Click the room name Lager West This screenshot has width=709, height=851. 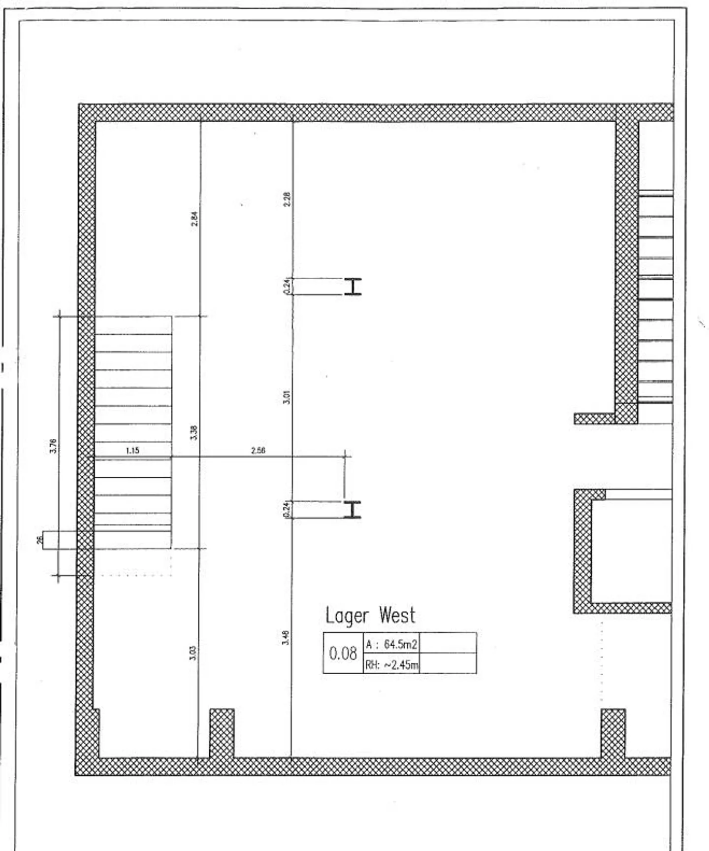pyautogui.click(x=370, y=616)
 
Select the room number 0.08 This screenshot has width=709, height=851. pyautogui.click(x=343, y=654)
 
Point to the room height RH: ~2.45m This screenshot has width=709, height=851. pyautogui.click(x=392, y=665)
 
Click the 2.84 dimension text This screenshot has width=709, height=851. pyautogui.click(x=194, y=219)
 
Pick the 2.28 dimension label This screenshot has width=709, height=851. pyautogui.click(x=288, y=199)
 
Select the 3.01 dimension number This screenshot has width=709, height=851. pyautogui.click(x=287, y=397)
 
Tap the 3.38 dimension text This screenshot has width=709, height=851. pyautogui.click(x=194, y=432)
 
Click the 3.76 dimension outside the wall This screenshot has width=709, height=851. pyautogui.click(x=54, y=446)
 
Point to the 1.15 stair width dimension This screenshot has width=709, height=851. pyautogui.click(x=132, y=450)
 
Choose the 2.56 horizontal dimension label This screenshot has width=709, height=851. pyautogui.click(x=258, y=450)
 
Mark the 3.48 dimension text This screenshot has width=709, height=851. pyautogui.click(x=286, y=638)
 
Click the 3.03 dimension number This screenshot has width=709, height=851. pyautogui.click(x=193, y=653)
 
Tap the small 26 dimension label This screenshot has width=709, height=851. pyautogui.click(x=40, y=540)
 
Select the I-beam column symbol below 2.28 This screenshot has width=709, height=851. pyautogui.click(x=353, y=287)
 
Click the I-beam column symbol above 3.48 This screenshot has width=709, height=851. pyautogui.click(x=353, y=510)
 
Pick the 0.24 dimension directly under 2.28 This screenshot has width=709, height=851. pyautogui.click(x=288, y=287)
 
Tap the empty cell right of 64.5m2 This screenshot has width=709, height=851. pyautogui.click(x=448, y=643)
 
